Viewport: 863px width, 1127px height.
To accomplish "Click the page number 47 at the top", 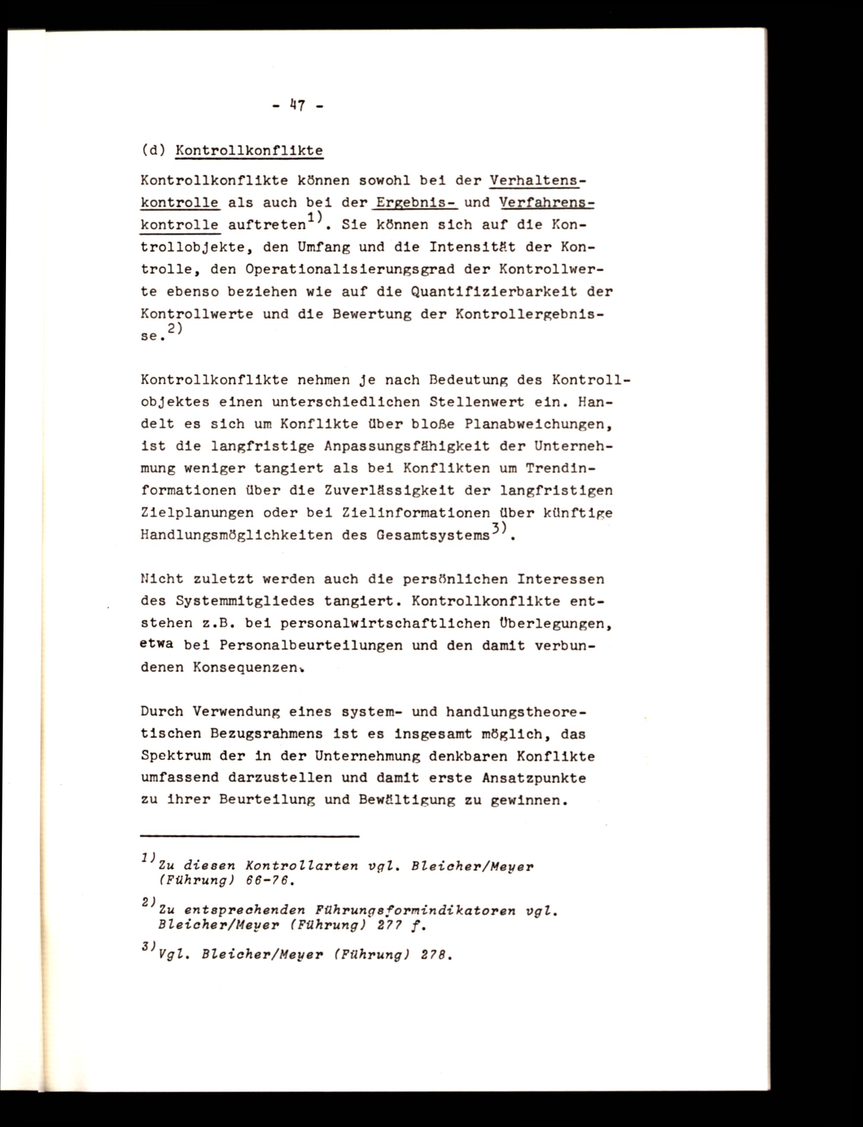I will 298,106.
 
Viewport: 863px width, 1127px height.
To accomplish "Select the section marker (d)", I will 153,151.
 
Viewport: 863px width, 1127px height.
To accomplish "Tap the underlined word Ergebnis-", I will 416,203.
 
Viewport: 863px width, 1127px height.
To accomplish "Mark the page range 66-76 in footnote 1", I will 271,880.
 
